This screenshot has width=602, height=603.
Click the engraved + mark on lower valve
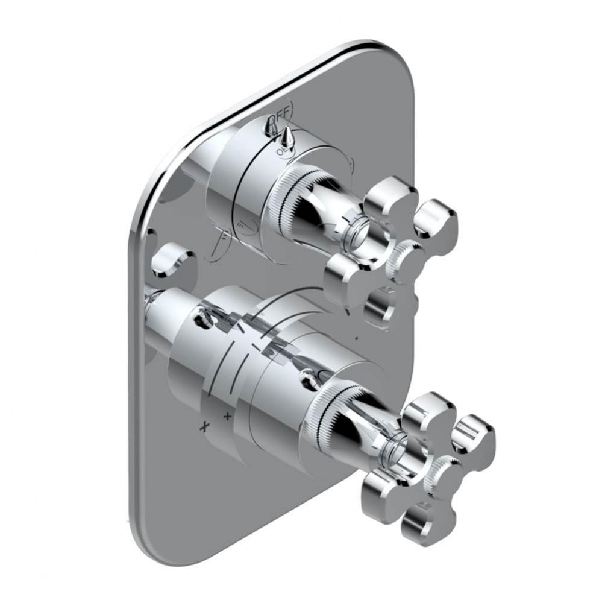227,415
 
